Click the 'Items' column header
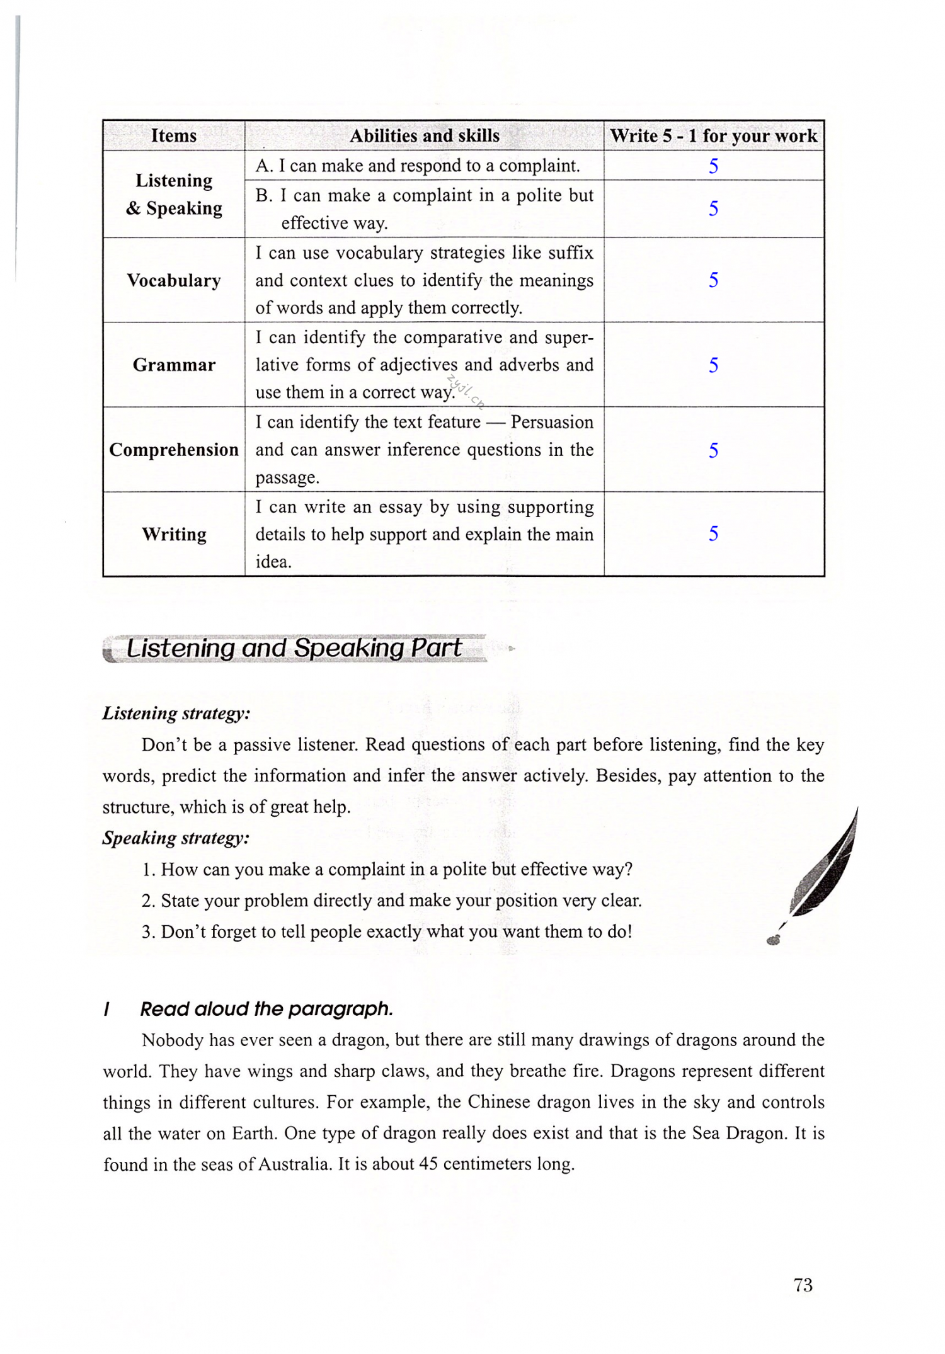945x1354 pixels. (x=174, y=135)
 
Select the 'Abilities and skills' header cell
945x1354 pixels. (x=424, y=135)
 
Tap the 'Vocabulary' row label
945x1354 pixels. (x=174, y=280)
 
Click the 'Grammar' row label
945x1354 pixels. (x=174, y=365)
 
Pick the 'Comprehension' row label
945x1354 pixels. (x=174, y=450)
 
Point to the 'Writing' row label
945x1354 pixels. (x=174, y=534)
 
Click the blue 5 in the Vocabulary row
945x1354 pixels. (x=713, y=280)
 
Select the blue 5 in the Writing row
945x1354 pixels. (x=713, y=533)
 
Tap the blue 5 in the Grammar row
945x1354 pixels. (x=713, y=365)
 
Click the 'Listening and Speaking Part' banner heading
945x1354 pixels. (x=294, y=648)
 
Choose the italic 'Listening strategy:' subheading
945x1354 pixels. (x=176, y=713)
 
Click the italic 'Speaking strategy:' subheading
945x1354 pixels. (x=176, y=838)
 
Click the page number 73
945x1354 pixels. (x=803, y=1285)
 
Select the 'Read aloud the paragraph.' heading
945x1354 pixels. (x=266, y=1009)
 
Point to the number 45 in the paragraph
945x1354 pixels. (x=428, y=1164)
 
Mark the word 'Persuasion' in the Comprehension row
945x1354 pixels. (x=552, y=422)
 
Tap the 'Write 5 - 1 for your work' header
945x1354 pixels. (x=713, y=135)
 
